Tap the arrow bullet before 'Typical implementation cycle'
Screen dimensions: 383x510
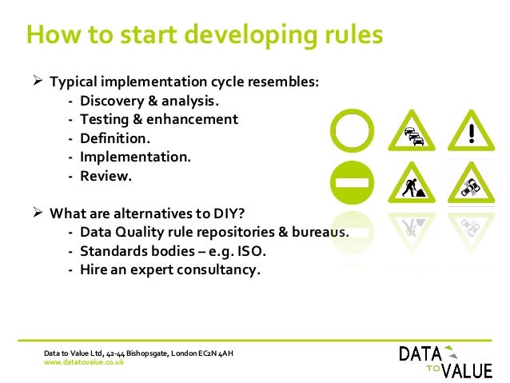click(x=36, y=82)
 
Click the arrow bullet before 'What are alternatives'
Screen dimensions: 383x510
click(x=36, y=213)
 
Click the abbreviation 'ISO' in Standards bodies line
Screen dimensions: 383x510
click(x=249, y=251)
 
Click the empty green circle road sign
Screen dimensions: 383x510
click(x=352, y=131)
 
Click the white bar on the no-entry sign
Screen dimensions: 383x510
click(x=352, y=182)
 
